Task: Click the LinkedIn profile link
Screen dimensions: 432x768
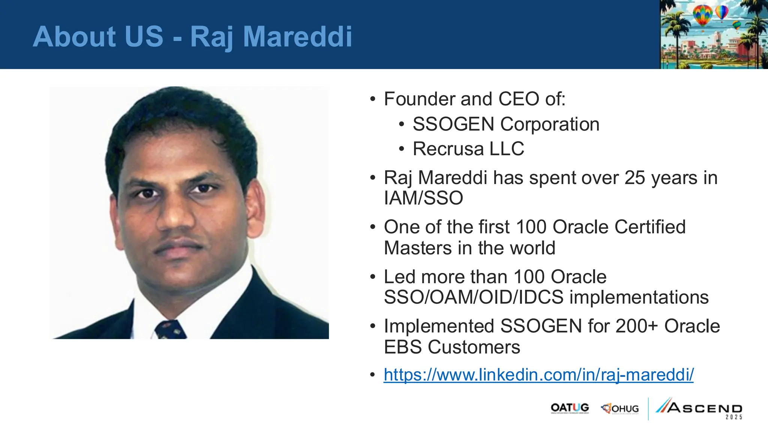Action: (x=538, y=375)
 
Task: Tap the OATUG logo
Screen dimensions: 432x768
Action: (x=570, y=408)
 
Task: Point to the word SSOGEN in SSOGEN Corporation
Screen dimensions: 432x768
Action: (x=453, y=124)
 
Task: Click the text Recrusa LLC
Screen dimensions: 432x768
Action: (x=468, y=149)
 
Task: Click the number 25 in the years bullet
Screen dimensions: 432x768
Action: (x=634, y=178)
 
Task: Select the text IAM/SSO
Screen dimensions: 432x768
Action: (x=423, y=198)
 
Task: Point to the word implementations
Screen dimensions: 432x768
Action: (x=639, y=297)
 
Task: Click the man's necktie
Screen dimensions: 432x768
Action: (x=171, y=330)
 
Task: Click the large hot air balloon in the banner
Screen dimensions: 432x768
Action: (x=702, y=15)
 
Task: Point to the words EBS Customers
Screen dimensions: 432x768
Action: (x=452, y=347)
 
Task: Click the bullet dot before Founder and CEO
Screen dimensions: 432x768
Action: (x=372, y=99)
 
